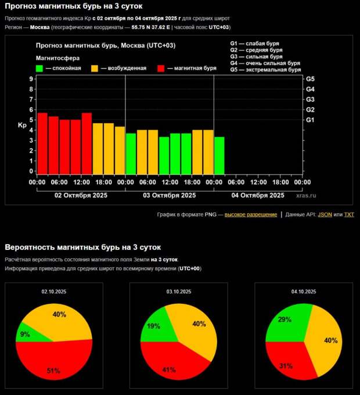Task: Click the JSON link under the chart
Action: click(325, 214)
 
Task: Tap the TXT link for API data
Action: click(349, 214)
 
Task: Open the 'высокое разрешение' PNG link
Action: click(251, 214)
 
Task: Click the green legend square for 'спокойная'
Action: click(39, 68)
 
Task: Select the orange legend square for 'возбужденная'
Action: click(94, 68)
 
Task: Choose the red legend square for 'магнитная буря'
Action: click(160, 68)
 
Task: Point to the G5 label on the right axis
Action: click(310, 78)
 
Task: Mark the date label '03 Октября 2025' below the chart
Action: click(170, 196)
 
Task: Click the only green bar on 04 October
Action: click(219, 155)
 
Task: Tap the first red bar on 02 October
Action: click(42, 143)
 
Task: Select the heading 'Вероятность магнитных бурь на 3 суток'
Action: click(83, 247)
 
